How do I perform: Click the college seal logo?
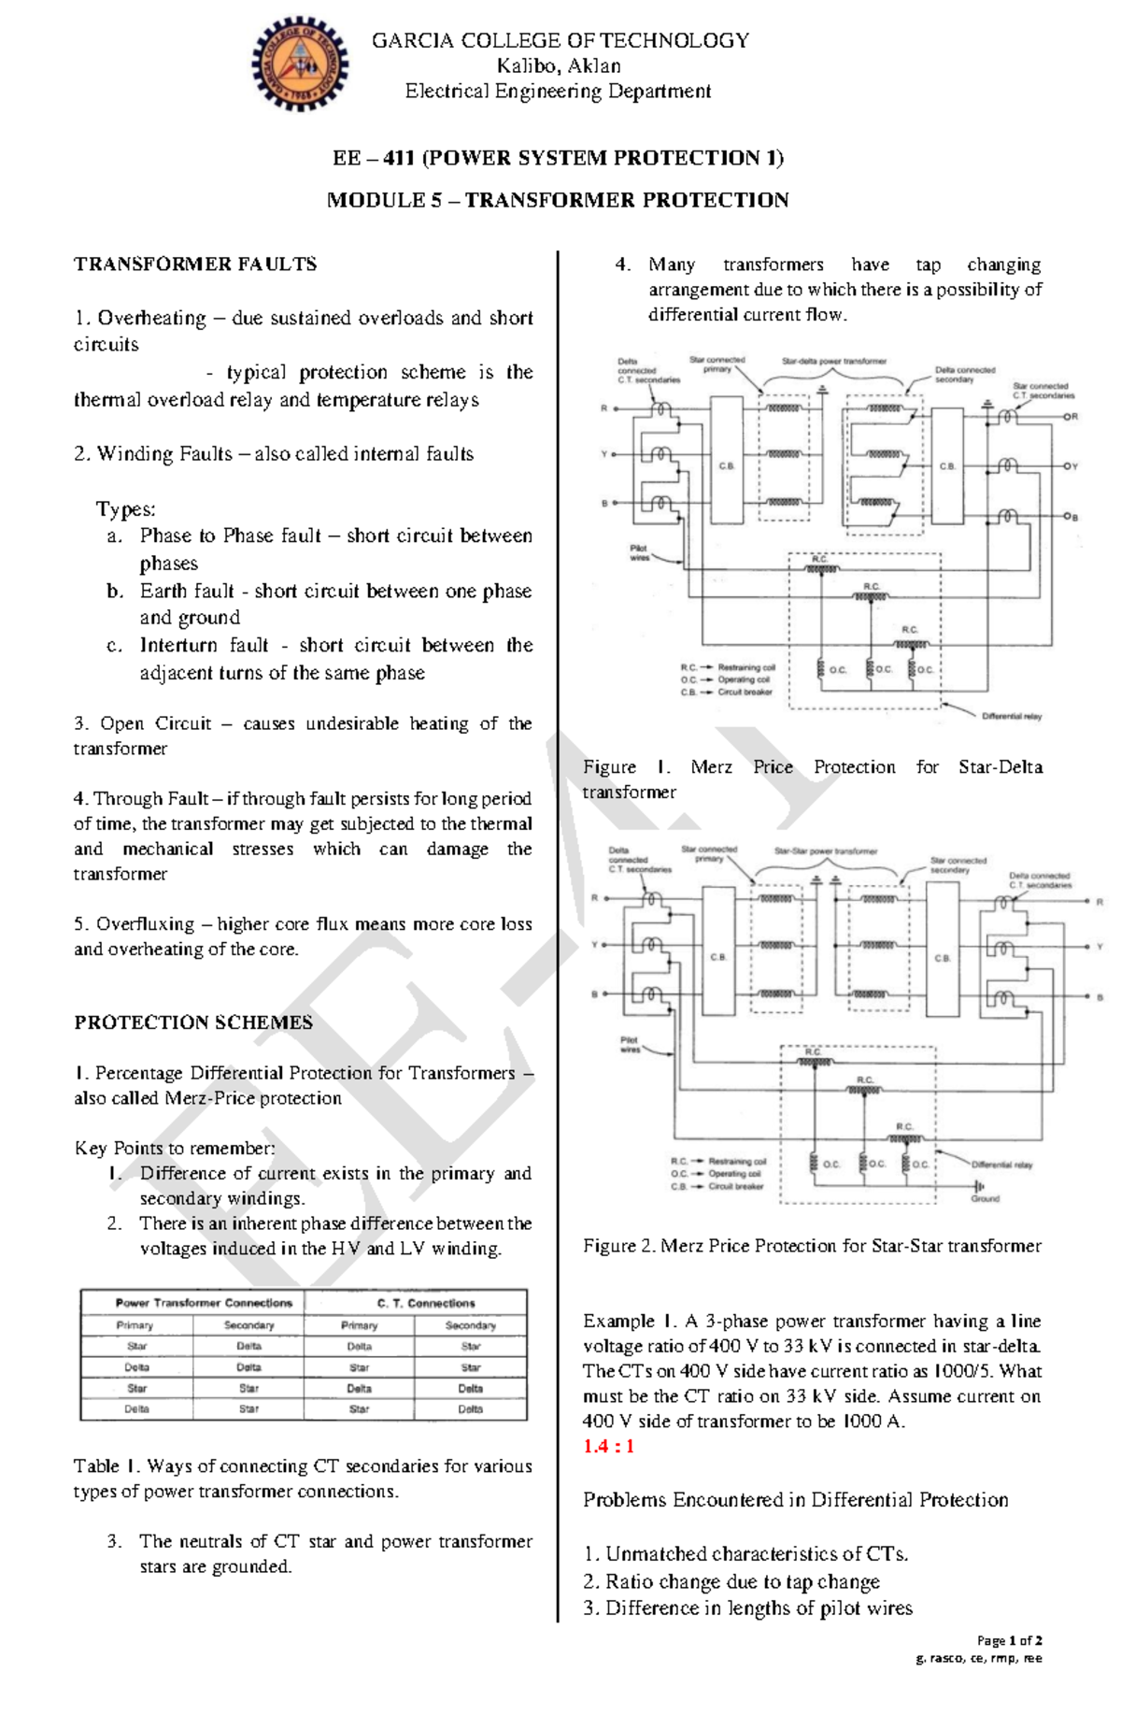click(x=299, y=64)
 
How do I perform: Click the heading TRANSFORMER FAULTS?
click(x=195, y=264)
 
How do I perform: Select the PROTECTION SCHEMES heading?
click(x=193, y=1022)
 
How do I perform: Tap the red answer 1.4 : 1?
click(x=608, y=1447)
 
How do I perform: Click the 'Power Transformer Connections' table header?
click(x=204, y=1303)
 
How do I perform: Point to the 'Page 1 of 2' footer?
click(x=1009, y=1640)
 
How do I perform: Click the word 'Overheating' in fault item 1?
click(x=151, y=319)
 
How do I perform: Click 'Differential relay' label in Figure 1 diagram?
click(x=1011, y=716)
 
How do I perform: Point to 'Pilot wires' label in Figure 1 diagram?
click(x=639, y=553)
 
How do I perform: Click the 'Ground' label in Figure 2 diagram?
click(x=985, y=1198)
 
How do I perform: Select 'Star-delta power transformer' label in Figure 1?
click(x=834, y=361)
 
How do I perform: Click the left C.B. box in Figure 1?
click(x=726, y=464)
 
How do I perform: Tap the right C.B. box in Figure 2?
click(x=942, y=958)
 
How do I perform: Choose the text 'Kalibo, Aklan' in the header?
click(x=559, y=66)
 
